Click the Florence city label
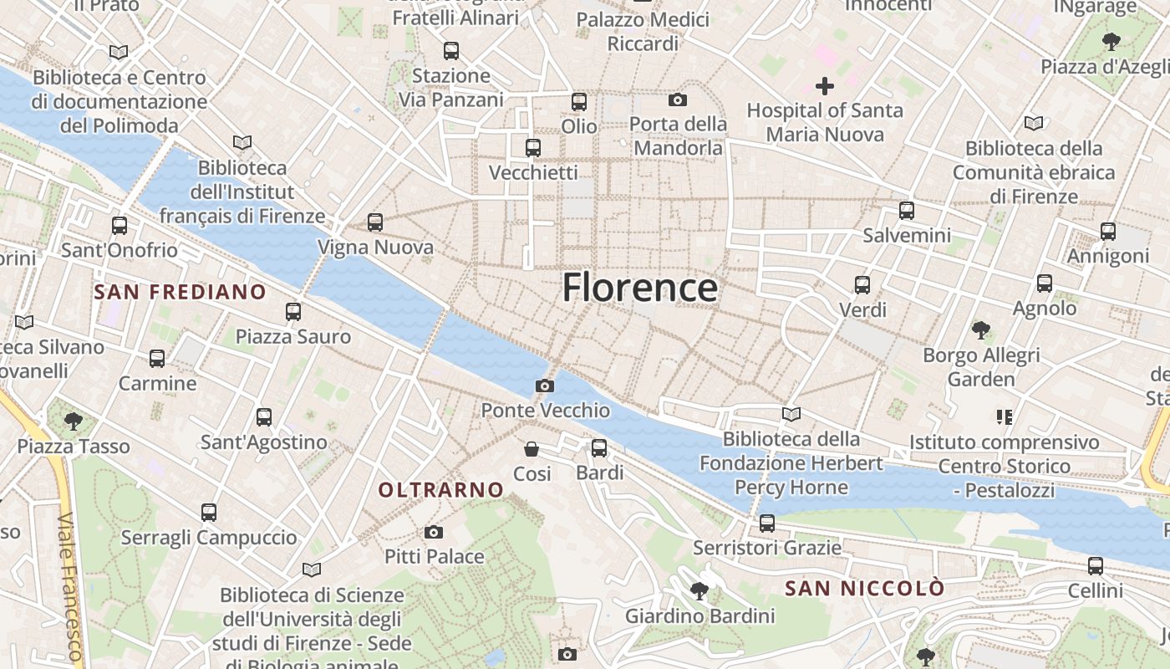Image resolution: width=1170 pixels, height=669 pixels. click(x=639, y=288)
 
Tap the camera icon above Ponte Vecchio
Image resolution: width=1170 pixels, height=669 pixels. click(x=545, y=386)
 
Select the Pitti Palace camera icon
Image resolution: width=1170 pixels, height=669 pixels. click(x=434, y=532)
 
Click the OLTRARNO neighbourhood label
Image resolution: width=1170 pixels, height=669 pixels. click(x=441, y=490)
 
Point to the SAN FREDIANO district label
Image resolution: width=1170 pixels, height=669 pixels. click(x=180, y=292)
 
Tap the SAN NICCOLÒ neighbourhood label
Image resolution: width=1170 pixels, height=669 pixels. click(x=864, y=588)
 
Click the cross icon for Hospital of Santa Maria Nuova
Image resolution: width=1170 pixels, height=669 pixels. click(x=825, y=86)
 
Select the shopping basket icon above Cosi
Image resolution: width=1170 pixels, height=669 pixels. click(x=532, y=449)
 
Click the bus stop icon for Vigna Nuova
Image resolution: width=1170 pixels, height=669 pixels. click(x=375, y=222)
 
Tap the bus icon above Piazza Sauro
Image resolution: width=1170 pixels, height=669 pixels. click(x=293, y=312)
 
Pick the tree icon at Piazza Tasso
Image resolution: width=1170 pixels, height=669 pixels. click(x=74, y=421)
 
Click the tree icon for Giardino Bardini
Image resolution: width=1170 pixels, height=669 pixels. click(x=699, y=591)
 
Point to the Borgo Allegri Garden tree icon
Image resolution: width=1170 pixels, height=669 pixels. click(x=981, y=330)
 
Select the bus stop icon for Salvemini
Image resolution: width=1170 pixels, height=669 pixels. click(x=907, y=211)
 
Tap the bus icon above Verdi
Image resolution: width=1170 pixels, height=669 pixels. click(x=862, y=285)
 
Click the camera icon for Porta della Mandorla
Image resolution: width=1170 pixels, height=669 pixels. click(x=678, y=100)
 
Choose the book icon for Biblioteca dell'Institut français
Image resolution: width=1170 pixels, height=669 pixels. click(x=242, y=143)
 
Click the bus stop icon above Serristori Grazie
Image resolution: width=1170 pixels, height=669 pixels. click(x=767, y=523)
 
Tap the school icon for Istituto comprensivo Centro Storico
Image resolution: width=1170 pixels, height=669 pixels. click(x=1004, y=416)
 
